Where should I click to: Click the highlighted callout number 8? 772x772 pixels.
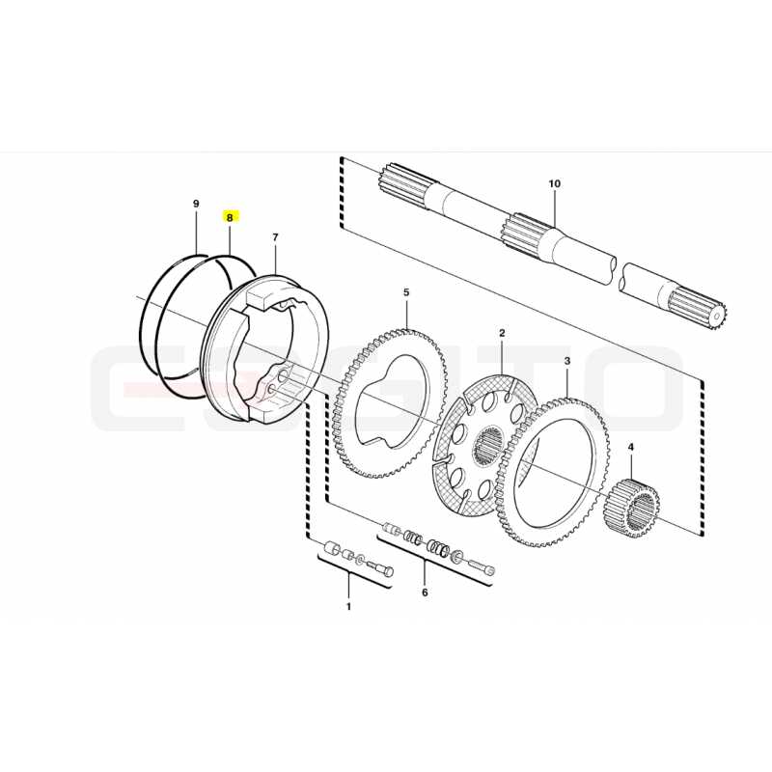230,217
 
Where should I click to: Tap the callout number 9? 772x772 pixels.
196,204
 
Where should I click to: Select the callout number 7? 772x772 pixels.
275,237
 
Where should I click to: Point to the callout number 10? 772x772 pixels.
554,183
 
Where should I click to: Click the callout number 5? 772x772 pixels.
406,292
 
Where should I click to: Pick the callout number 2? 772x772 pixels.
502,333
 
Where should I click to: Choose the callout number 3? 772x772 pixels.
567,361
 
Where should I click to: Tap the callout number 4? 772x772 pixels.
631,447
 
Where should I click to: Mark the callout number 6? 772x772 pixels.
425,593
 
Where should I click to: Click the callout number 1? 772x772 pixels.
348,607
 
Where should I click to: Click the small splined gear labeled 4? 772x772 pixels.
631,508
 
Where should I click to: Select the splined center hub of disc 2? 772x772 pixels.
487,444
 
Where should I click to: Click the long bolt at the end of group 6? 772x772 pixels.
482,565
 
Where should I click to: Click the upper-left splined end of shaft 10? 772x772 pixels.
404,182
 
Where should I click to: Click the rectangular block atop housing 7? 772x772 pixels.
262,299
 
